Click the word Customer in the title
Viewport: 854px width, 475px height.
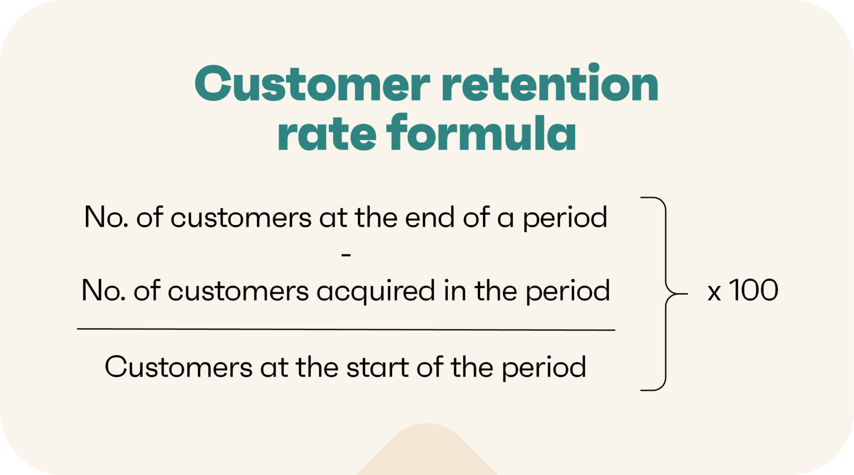(x=312, y=84)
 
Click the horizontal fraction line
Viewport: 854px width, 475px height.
(x=346, y=330)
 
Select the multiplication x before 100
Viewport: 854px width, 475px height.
(x=714, y=293)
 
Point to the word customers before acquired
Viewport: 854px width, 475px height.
(x=238, y=291)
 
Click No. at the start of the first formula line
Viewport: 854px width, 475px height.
(x=106, y=217)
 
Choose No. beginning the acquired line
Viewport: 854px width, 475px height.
(x=103, y=291)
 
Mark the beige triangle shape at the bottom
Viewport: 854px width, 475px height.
(x=427, y=452)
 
